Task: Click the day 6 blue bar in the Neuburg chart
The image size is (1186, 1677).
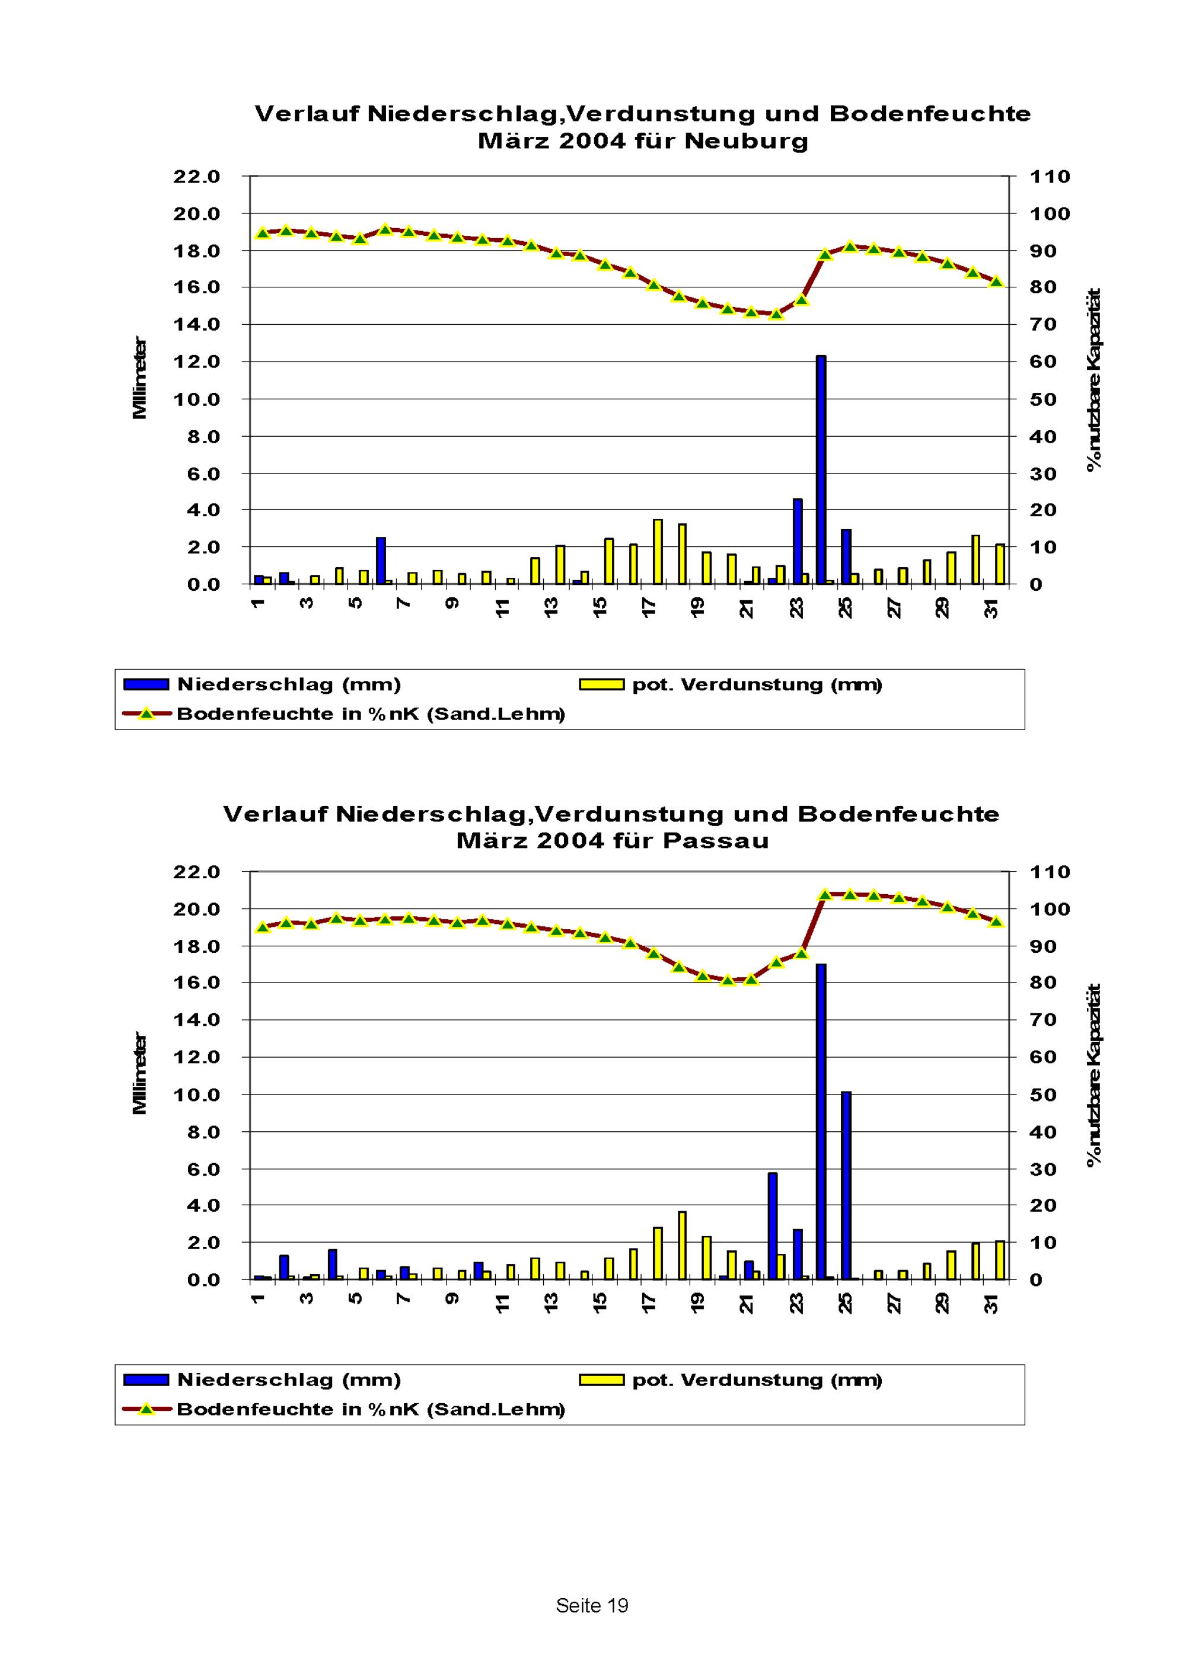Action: [x=381, y=560]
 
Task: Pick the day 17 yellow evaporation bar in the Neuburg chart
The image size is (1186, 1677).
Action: [x=658, y=552]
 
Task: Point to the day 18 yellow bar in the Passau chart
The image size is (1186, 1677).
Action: [x=682, y=1246]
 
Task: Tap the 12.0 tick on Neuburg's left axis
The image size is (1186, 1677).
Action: [x=196, y=361]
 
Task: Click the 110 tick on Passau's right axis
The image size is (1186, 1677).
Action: [x=1050, y=872]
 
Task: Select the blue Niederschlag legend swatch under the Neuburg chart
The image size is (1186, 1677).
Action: [x=146, y=684]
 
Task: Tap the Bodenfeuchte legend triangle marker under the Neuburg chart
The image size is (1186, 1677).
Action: [x=146, y=713]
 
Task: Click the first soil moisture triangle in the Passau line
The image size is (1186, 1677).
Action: [x=262, y=927]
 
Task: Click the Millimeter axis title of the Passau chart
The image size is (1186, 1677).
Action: [x=139, y=1073]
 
